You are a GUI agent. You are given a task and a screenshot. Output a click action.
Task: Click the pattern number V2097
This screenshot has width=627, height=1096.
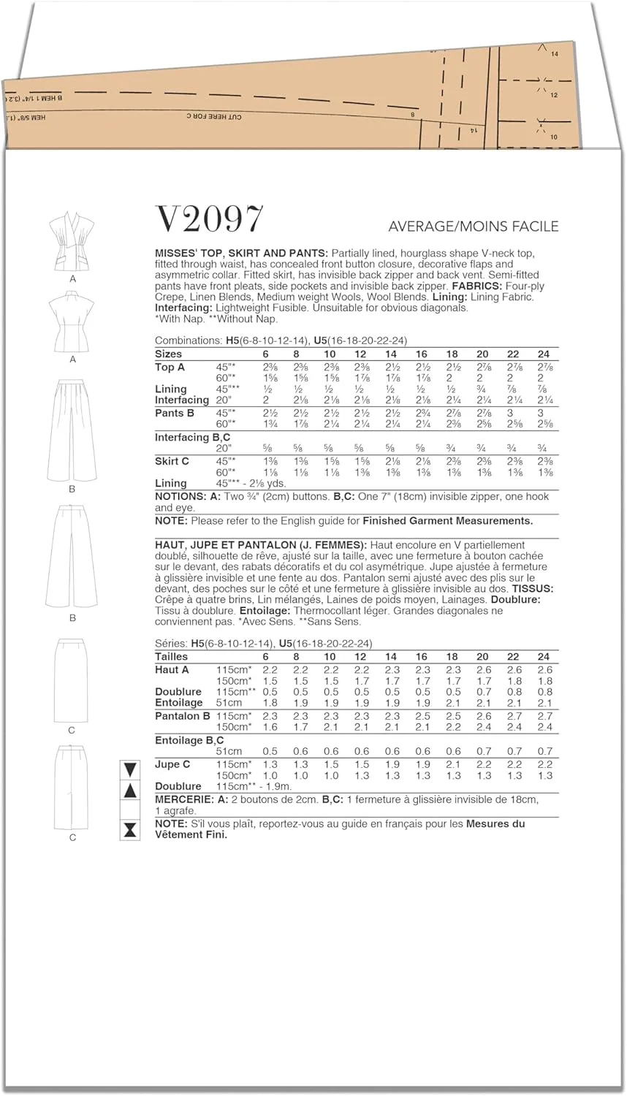tap(209, 219)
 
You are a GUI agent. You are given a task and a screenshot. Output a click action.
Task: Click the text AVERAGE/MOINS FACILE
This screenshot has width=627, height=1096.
tap(473, 227)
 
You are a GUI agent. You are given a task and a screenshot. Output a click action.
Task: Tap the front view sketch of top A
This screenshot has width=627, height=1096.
tap(72, 241)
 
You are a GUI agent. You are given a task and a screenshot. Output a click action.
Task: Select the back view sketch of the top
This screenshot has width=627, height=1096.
tap(72, 322)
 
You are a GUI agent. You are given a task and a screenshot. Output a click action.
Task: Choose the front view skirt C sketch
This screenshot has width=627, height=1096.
tap(72, 680)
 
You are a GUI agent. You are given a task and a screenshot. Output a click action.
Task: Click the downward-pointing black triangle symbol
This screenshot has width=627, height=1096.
tap(130, 769)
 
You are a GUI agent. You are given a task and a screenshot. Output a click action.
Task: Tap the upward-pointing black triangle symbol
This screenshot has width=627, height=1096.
tap(130, 791)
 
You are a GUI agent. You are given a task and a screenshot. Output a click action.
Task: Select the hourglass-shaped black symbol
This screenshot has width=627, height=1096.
tap(130, 829)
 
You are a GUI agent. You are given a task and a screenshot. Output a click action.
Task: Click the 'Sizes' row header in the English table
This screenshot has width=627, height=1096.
tap(168, 354)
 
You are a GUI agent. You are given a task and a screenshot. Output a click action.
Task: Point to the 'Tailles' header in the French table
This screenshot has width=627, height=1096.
tap(171, 657)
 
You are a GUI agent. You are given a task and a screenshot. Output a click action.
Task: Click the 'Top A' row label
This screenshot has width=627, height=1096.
tap(170, 367)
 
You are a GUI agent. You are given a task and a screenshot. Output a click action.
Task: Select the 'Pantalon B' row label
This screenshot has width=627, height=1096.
tap(182, 716)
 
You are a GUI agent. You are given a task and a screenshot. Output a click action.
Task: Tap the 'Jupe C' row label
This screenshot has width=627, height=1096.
tap(172, 764)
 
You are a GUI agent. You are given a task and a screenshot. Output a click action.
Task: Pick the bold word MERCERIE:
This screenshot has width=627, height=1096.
tap(185, 799)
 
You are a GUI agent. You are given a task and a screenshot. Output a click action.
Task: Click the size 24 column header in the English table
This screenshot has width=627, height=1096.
tap(543, 354)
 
